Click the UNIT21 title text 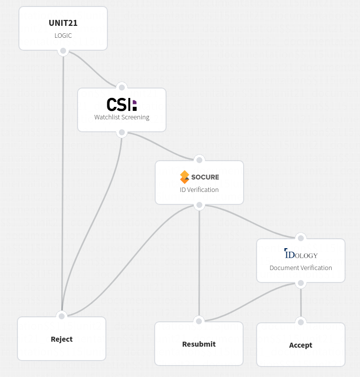pyautogui.click(x=63, y=23)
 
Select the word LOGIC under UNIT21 pyautogui.click(x=63, y=36)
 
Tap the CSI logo pyautogui.click(x=121, y=104)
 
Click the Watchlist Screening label pyautogui.click(x=122, y=117)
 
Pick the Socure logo pyautogui.click(x=199, y=177)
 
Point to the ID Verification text pyautogui.click(x=199, y=189)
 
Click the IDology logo pyautogui.click(x=301, y=254)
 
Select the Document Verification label pyautogui.click(x=301, y=268)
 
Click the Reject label pyautogui.click(x=62, y=339)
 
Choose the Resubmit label pyautogui.click(x=199, y=344)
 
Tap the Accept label pyautogui.click(x=301, y=345)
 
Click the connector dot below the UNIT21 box pyautogui.click(x=63, y=51)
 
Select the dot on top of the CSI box pyautogui.click(x=122, y=88)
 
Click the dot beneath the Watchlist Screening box pyautogui.click(x=122, y=133)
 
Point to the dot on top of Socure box pyautogui.click(x=199, y=160)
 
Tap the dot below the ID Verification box pyautogui.click(x=199, y=205)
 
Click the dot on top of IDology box pyautogui.click(x=300, y=238)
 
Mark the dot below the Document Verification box pyautogui.click(x=300, y=283)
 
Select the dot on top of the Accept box pyautogui.click(x=300, y=322)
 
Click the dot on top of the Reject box pyautogui.click(x=62, y=316)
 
